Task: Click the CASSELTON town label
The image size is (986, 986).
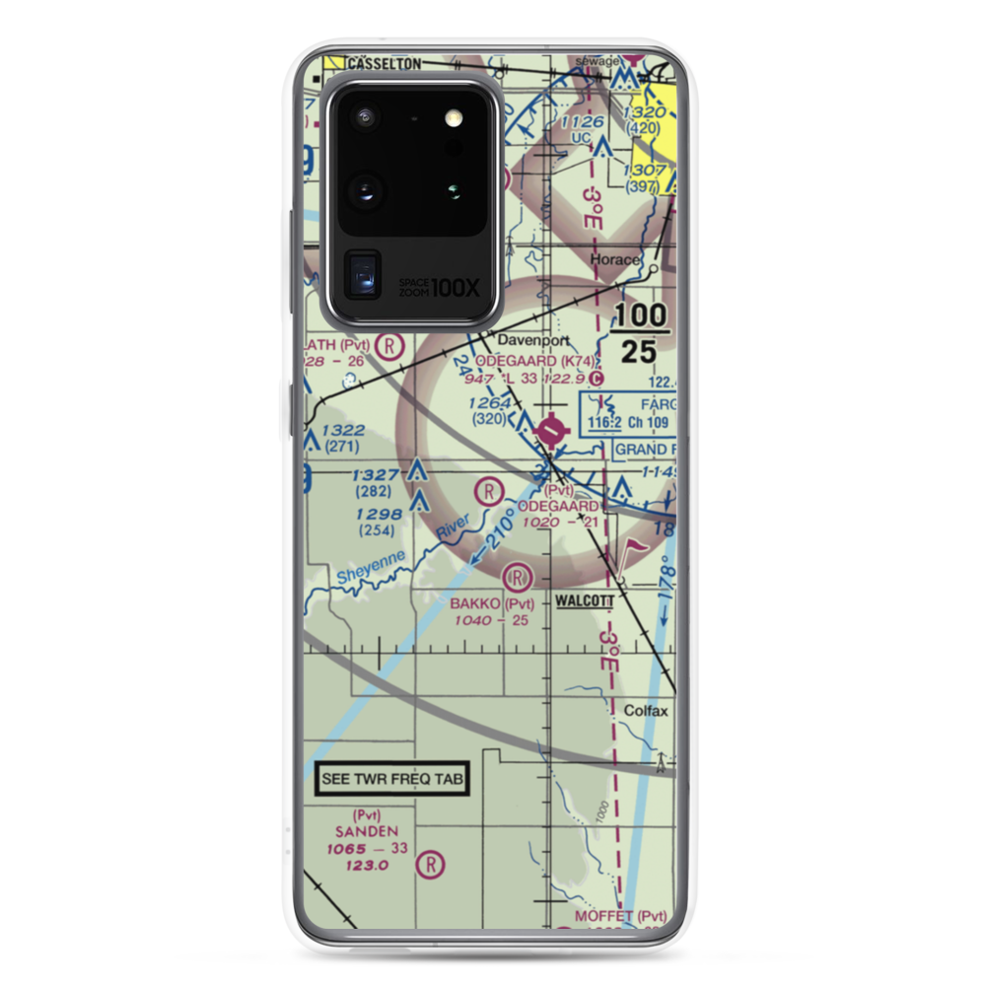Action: [x=384, y=63]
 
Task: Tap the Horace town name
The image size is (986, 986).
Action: [x=613, y=260]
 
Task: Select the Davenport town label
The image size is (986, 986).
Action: [x=527, y=340]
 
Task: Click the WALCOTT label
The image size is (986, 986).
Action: [x=585, y=600]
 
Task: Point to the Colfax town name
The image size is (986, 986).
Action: [x=646, y=710]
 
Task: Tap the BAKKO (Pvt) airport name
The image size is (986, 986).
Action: [x=492, y=603]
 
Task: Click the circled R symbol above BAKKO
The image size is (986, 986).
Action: [x=518, y=577]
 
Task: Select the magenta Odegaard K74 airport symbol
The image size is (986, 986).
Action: [x=551, y=429]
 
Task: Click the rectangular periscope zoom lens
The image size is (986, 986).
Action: [x=362, y=273]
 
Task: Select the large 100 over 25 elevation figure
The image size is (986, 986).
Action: [x=642, y=332]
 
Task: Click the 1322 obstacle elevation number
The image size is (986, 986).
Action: [x=342, y=430]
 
